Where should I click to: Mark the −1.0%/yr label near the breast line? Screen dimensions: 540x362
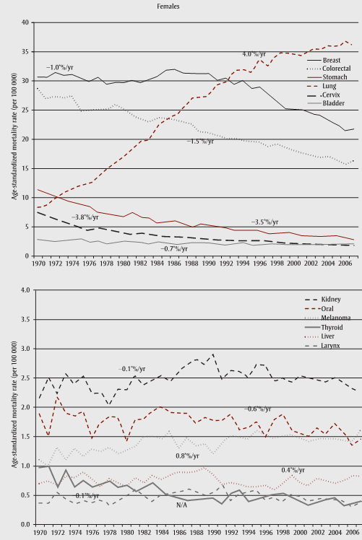pyautogui.click(x=59, y=66)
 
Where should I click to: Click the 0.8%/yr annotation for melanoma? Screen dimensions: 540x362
pyautogui.click(x=186, y=456)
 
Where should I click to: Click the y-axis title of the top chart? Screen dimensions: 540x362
pyautogui.click(x=8, y=139)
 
